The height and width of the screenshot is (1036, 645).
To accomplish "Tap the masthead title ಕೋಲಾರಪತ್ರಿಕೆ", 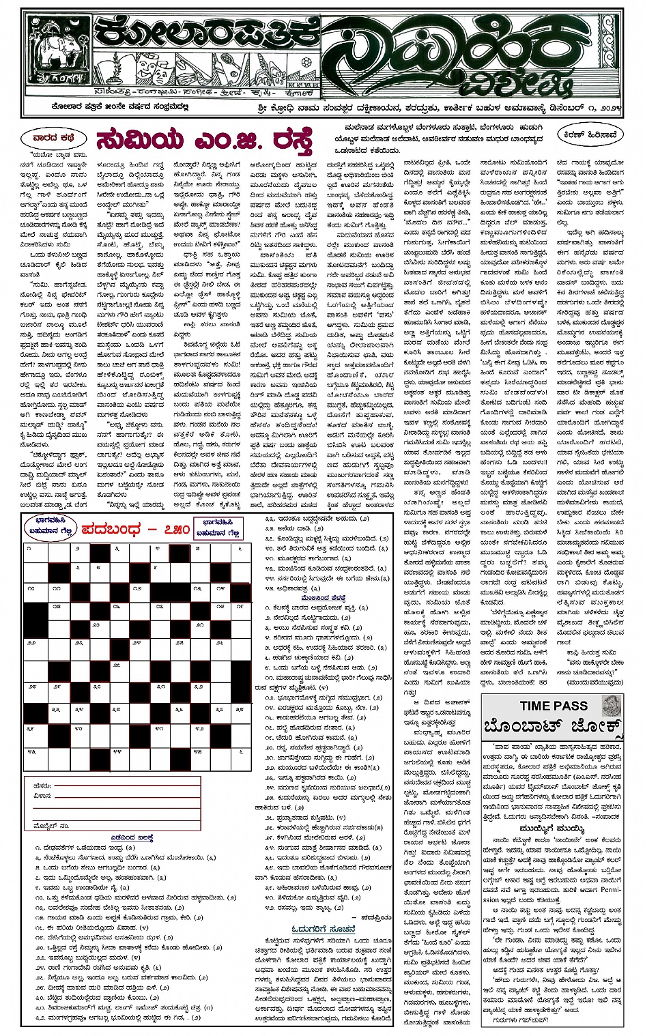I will [x=205, y=33].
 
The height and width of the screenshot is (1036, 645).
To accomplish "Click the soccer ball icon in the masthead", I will [x=306, y=61].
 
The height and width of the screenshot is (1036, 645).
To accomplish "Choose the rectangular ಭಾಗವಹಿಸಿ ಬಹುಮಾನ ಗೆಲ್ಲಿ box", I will [x=218, y=529].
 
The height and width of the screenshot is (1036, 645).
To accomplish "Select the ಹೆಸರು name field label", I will [x=42, y=786].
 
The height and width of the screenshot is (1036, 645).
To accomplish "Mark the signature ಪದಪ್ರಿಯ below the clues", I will [x=375, y=918].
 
